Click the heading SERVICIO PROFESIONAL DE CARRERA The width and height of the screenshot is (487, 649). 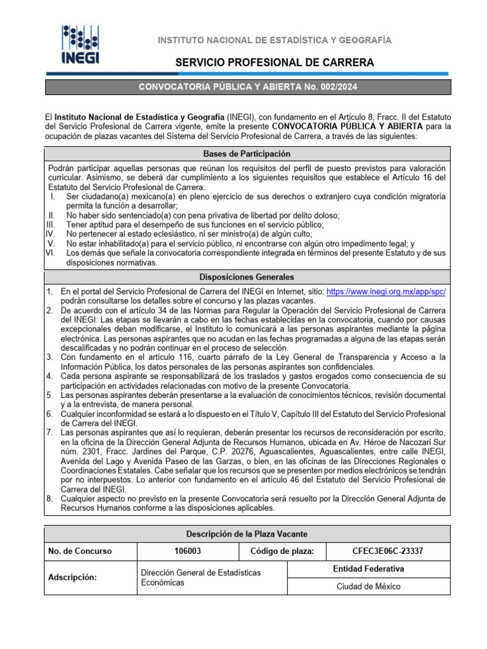[x=275, y=62]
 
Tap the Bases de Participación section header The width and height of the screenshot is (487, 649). [x=247, y=154]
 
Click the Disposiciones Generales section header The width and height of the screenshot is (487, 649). [x=247, y=278]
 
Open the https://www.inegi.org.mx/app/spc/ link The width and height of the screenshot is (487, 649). [x=386, y=292]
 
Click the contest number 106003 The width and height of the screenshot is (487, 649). [x=188, y=551]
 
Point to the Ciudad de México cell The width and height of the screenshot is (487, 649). [x=368, y=586]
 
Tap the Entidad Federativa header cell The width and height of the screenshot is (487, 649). [x=368, y=569]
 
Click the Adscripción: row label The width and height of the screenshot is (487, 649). [x=73, y=577]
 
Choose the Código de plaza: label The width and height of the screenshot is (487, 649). [x=282, y=551]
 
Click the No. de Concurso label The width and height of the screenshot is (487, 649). [x=80, y=551]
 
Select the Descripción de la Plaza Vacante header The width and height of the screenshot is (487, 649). [x=247, y=534]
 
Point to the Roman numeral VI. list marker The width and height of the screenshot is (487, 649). [x=51, y=253]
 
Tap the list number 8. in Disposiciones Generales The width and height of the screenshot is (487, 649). [x=49, y=499]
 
